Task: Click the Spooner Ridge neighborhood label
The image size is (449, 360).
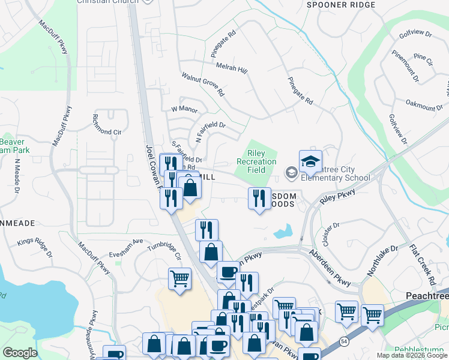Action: point(341,5)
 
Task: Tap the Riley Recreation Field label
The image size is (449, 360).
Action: point(256,162)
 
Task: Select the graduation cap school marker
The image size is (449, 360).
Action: point(310,163)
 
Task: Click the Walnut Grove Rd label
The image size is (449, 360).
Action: point(203,85)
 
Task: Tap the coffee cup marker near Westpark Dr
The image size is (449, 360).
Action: point(228,273)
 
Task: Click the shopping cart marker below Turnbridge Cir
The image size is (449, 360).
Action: point(179,280)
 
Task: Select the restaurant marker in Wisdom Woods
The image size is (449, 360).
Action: point(259,198)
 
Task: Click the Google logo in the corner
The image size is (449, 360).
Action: point(20,353)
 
